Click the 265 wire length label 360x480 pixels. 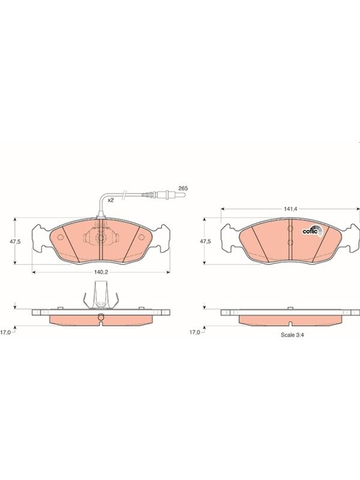point(183,188)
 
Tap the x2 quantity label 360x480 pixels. point(110,200)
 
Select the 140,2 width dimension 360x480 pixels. point(101,272)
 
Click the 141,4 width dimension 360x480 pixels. point(291,209)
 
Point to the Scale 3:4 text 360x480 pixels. point(292,335)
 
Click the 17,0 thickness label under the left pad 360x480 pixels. point(5,332)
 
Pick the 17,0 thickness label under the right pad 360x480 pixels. point(195,332)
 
